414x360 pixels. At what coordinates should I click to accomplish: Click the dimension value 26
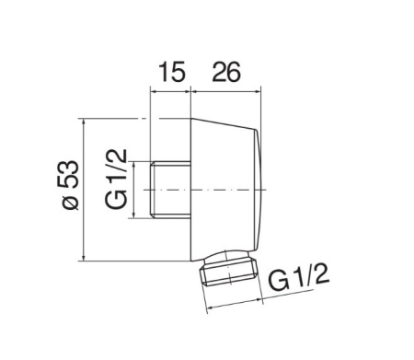coord(226,72)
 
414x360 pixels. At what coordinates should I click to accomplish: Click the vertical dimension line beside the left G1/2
coord(134,189)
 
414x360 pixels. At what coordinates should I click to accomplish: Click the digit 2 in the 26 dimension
coord(217,72)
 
